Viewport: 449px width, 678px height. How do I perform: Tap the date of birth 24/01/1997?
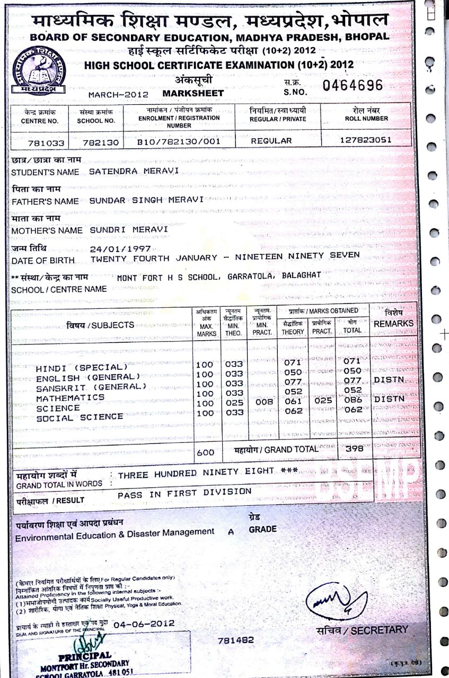tap(120, 248)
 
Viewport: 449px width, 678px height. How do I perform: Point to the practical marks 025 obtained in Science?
tap(322, 402)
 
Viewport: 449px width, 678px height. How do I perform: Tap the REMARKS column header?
tap(393, 323)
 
